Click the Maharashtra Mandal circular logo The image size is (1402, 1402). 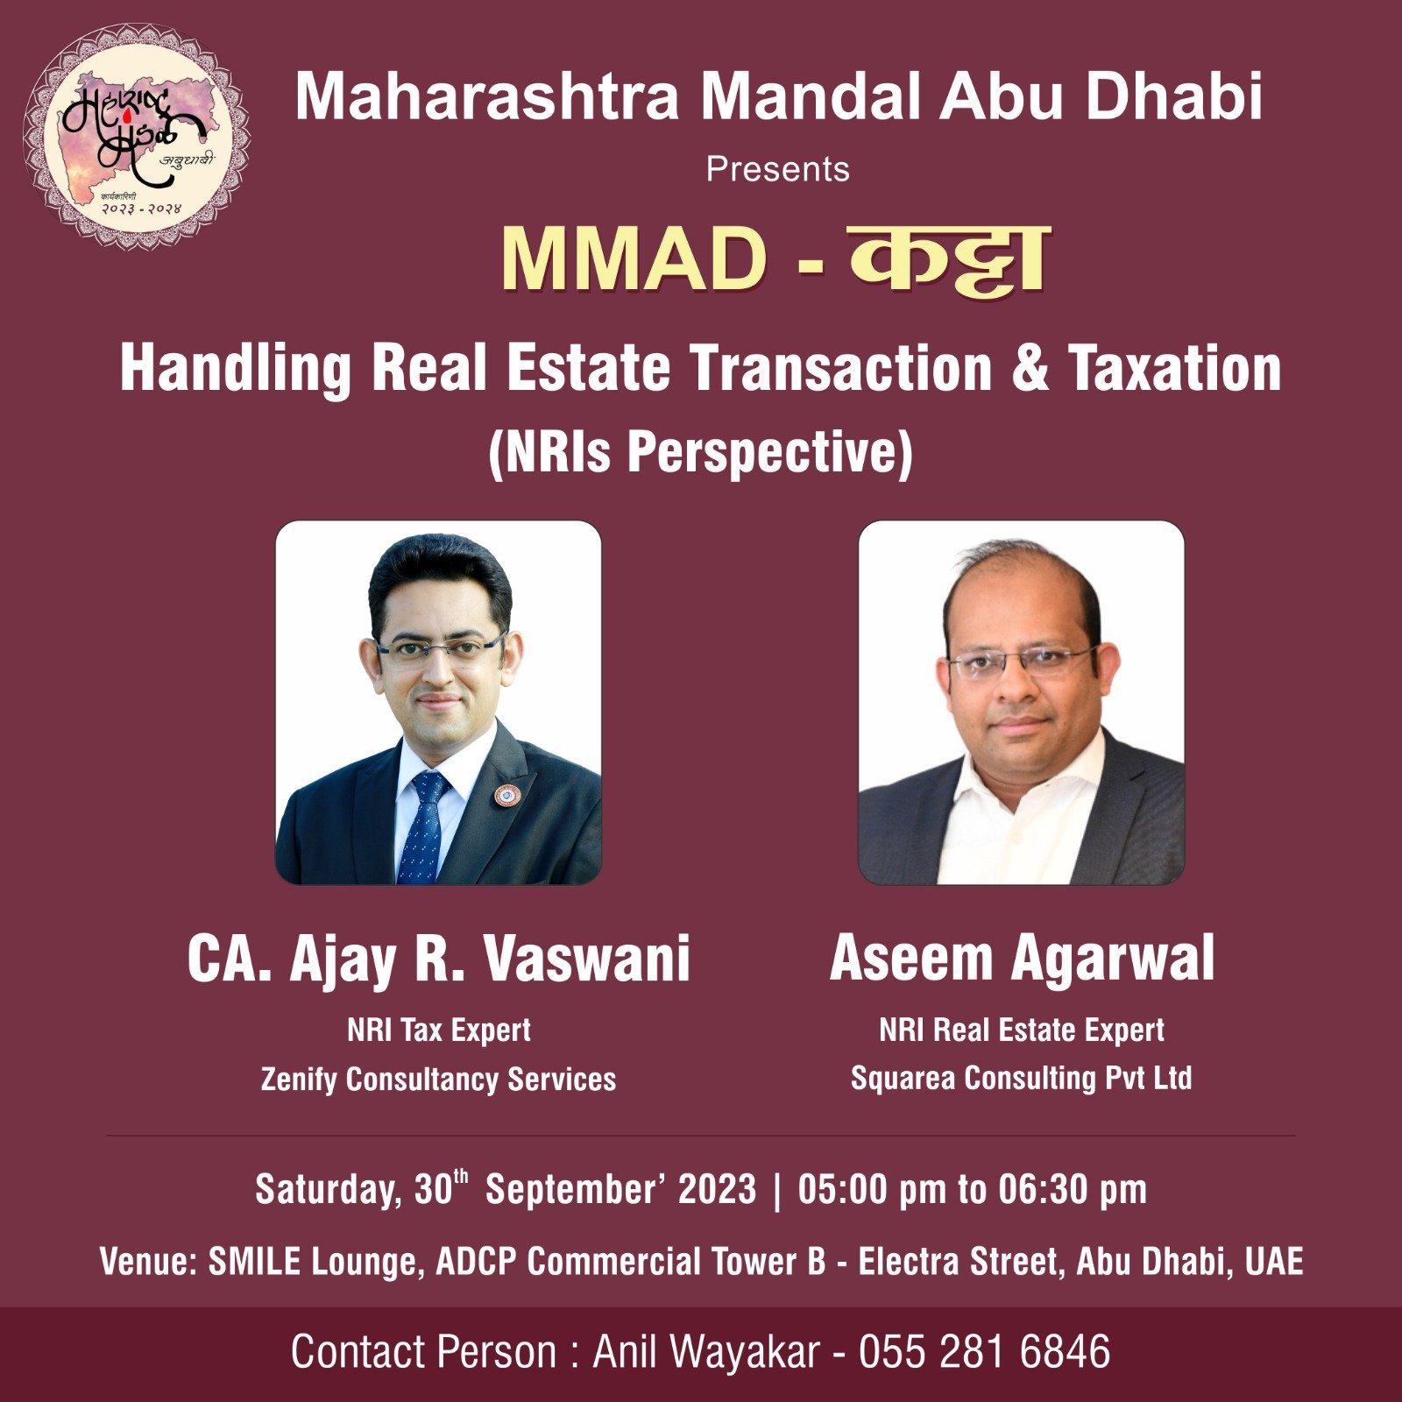(x=136, y=137)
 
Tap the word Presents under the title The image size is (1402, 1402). (x=778, y=169)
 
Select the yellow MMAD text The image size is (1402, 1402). (x=634, y=260)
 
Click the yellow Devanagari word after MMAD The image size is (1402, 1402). (x=949, y=259)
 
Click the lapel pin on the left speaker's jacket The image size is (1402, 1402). (x=506, y=795)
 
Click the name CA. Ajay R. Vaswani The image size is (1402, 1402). (x=438, y=959)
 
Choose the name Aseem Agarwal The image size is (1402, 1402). (x=1022, y=958)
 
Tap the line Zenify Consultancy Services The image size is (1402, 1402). (x=438, y=1079)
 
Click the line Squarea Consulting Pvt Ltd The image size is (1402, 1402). (x=1022, y=1078)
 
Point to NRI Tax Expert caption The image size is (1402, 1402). (x=439, y=1030)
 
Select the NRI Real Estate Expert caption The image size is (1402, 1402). (x=1022, y=1030)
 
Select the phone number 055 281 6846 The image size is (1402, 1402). (x=984, y=1351)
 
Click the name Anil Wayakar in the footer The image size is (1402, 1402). (x=706, y=1352)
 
